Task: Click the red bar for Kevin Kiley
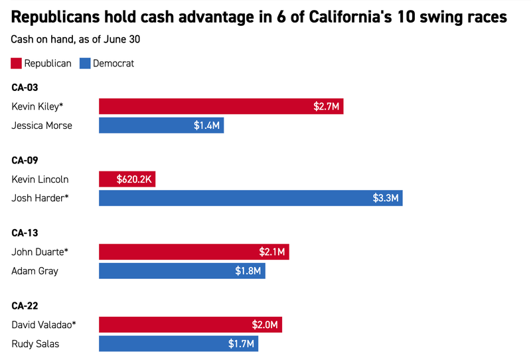pos(221,106)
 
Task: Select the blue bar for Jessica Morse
pos(161,125)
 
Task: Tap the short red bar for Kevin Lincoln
pos(127,179)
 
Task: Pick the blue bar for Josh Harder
pos(250,198)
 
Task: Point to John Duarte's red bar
pos(194,252)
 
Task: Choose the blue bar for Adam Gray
pos(182,270)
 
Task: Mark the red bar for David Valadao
pos(190,325)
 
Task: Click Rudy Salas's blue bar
pos(179,343)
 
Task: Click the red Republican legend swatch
pos(16,64)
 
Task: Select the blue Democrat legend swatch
pos(84,64)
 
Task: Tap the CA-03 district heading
pos(26,87)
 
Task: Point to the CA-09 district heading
pos(26,160)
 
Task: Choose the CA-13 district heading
pos(26,232)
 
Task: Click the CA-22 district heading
pos(26,306)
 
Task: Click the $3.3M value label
pos(384,198)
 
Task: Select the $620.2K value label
pos(133,179)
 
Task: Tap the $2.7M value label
pos(325,106)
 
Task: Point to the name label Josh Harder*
pos(40,198)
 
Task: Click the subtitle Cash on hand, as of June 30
pos(75,39)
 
